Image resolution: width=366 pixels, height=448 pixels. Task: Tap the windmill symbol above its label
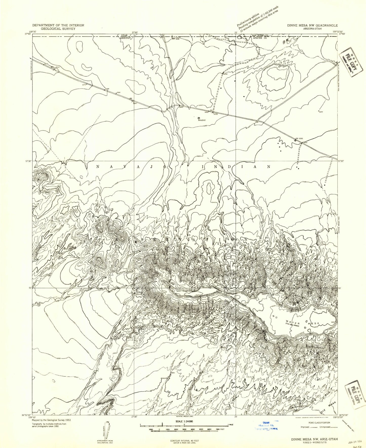tap(199, 118)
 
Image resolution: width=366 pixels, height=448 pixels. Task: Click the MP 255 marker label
tap(175, 39)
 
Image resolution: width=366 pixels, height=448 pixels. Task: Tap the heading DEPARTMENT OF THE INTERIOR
tap(58, 25)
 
